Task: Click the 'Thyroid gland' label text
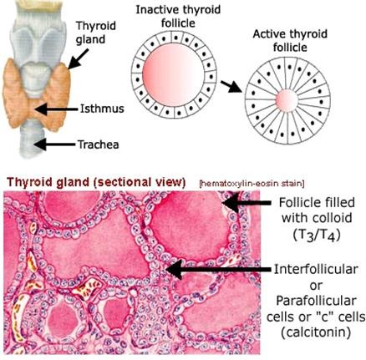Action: tap(96, 33)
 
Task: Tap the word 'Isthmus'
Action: tap(102, 109)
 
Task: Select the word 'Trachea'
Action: tap(98, 145)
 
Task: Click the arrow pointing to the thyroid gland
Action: tap(79, 58)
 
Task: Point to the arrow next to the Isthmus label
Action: tap(56, 109)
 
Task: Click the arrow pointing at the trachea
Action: tap(54, 145)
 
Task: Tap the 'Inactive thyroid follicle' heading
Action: tap(178, 16)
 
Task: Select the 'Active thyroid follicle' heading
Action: tap(290, 41)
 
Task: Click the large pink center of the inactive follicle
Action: tap(174, 74)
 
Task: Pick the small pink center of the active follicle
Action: tap(287, 100)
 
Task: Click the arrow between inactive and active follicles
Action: tap(231, 86)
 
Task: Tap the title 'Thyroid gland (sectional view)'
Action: tap(96, 182)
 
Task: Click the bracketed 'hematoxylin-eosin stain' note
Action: tap(252, 184)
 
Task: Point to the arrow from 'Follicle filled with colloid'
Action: tap(247, 203)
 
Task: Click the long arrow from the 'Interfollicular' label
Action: tap(218, 269)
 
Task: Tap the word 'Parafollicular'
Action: tap(316, 301)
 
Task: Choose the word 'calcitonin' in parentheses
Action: tap(316, 332)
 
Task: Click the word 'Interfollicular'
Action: tap(316, 270)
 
